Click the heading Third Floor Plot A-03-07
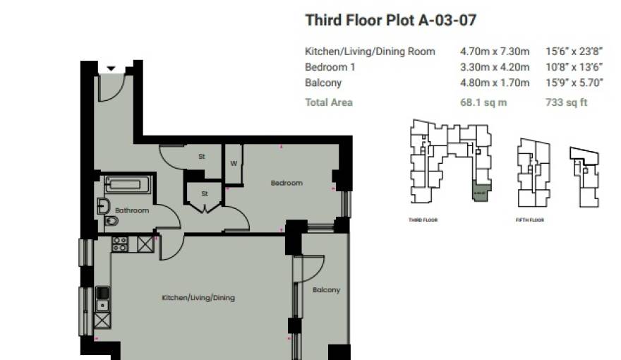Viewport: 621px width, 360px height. (390, 20)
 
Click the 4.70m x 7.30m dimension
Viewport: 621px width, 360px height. (494, 52)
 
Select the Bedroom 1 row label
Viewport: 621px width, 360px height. (330, 67)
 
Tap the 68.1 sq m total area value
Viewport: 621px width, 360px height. (483, 102)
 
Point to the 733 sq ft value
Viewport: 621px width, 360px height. (567, 102)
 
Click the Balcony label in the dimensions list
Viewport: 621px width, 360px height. (323, 83)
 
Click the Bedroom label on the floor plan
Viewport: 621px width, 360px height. (287, 183)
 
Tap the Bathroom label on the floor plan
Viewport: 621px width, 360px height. (132, 210)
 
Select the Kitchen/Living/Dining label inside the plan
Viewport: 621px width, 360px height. (198, 298)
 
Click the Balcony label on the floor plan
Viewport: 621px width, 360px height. (326, 290)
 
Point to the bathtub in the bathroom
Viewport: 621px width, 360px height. (128, 186)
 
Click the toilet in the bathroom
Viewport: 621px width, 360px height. (111, 222)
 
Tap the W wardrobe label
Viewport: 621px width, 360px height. (233, 163)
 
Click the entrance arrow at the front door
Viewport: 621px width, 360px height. (111, 68)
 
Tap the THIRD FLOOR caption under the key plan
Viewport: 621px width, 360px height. (423, 220)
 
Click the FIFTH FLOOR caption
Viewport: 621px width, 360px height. (529, 220)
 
